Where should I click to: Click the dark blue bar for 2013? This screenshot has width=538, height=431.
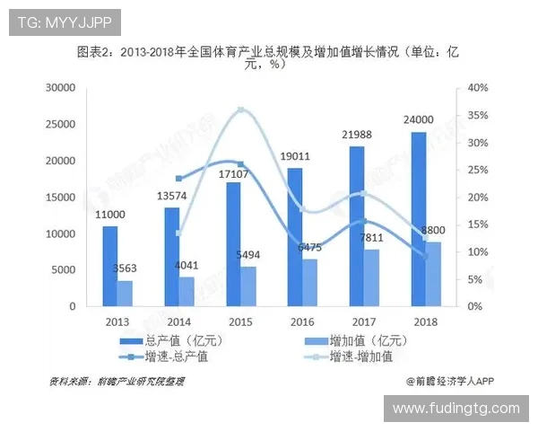pyautogui.click(x=109, y=266)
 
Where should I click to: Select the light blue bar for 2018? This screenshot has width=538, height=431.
pyautogui.click(x=432, y=274)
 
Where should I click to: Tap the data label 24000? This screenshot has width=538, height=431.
pyautogui.click(x=418, y=119)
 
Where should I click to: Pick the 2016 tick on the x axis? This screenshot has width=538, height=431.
pyautogui.click(x=295, y=321)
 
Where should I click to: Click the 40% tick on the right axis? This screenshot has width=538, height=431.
pyautogui.click(x=477, y=88)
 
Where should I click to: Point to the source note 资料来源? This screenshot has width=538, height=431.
pyautogui.click(x=117, y=382)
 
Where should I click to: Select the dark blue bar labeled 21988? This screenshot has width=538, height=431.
pyautogui.click(x=357, y=225)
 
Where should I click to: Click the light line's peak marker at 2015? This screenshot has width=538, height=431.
pyautogui.click(x=240, y=110)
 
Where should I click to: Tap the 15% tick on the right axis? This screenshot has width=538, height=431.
pyautogui.click(x=477, y=224)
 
